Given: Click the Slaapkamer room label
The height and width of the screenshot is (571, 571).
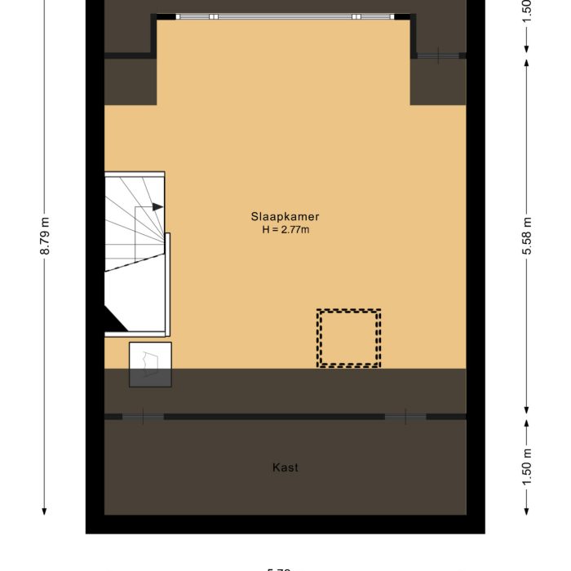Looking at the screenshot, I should [285, 217].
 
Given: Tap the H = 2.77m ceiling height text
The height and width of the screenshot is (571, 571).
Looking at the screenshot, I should [285, 230].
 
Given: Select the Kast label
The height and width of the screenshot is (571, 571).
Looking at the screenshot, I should [285, 467].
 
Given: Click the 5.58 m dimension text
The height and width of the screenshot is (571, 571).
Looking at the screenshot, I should [527, 237].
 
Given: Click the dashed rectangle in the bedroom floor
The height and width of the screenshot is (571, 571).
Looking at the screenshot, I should [349, 339].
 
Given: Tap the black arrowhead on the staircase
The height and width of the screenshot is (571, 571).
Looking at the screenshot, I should [157, 207].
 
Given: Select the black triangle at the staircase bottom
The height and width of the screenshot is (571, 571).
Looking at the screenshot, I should [116, 321].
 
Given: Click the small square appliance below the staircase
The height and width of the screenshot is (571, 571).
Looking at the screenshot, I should [150, 364].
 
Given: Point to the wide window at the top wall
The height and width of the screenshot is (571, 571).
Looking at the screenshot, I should [284, 16].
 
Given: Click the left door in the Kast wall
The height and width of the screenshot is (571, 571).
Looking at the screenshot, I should [144, 417].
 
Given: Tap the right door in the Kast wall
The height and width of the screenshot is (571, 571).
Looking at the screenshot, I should [405, 417].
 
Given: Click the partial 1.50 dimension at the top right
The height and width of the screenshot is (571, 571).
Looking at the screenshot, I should [527, 10].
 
